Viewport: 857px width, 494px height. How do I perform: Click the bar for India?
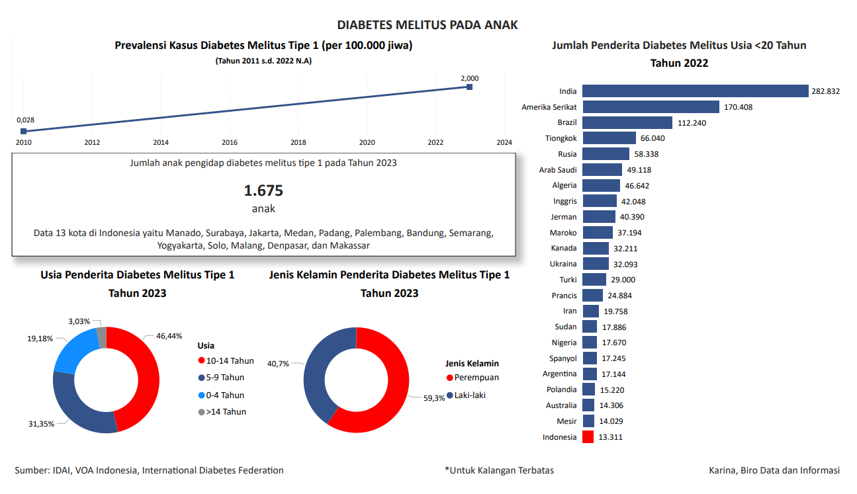[x=695, y=91]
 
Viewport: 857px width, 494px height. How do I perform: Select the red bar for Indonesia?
[x=588, y=437]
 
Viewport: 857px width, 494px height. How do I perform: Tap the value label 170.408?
[x=738, y=107]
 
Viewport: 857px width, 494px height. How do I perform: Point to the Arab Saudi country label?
[x=558, y=170]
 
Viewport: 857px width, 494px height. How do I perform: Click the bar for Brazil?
[x=627, y=123]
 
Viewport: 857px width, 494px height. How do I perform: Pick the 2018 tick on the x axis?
[x=298, y=142]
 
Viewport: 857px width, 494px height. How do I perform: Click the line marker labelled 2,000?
[x=469, y=87]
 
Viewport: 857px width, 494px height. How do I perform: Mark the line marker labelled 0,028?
[x=24, y=131]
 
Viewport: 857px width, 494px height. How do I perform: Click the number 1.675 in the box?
[x=263, y=191]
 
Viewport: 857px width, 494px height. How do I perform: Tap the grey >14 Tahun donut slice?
[x=101, y=337]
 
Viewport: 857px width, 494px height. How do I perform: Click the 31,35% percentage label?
[x=40, y=424]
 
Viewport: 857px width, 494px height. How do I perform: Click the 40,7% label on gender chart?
[x=278, y=364]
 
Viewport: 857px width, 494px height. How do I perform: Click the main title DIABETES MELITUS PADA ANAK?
[x=428, y=25]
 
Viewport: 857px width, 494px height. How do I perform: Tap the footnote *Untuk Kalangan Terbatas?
[x=499, y=470]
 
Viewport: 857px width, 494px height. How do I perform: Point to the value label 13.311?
[x=610, y=437]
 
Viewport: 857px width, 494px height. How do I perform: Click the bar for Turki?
[x=594, y=280]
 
